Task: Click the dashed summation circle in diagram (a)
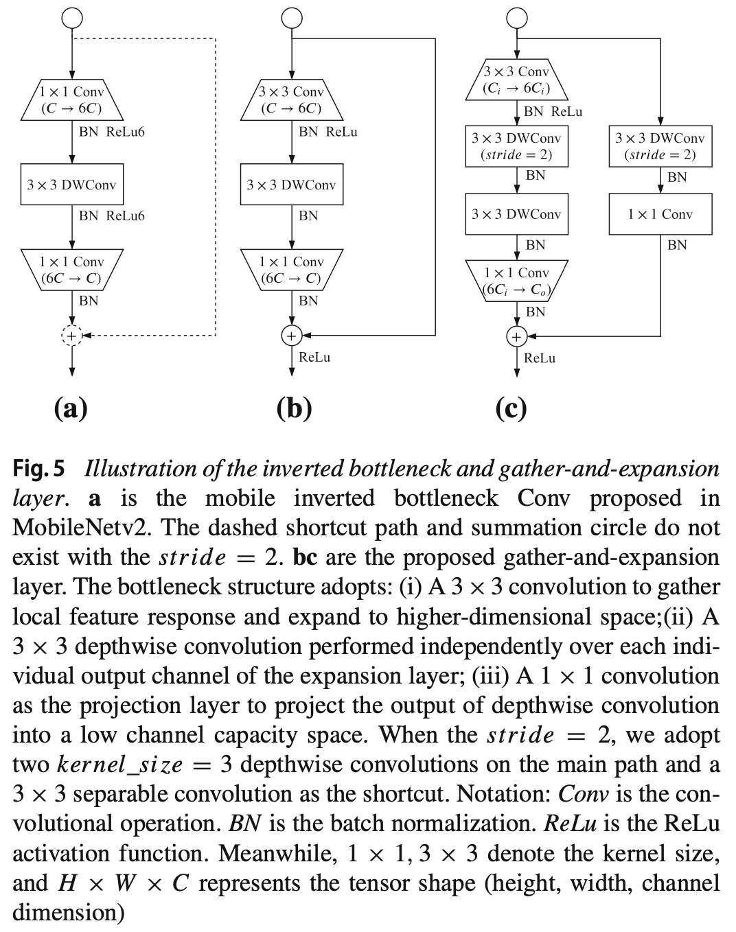click(x=72, y=336)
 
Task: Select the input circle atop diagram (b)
click(x=292, y=19)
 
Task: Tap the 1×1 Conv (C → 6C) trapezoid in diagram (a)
click(x=71, y=100)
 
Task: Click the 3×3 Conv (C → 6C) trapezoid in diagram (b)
click(x=291, y=100)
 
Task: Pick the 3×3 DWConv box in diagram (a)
click(x=72, y=185)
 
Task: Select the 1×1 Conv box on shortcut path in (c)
click(x=660, y=214)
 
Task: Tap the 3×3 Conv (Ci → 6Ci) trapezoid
click(x=516, y=80)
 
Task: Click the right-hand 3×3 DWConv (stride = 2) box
click(x=660, y=146)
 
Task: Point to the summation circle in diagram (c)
click(x=516, y=336)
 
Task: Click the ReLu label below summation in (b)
click(x=314, y=357)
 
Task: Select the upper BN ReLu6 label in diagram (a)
click(x=112, y=132)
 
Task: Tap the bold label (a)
click(x=71, y=409)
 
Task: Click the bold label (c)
click(x=511, y=409)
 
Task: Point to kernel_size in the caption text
click(x=120, y=765)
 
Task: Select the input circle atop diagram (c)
click(x=516, y=19)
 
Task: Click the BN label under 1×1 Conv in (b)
click(x=308, y=301)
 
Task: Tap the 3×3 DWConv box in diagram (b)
click(x=292, y=185)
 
